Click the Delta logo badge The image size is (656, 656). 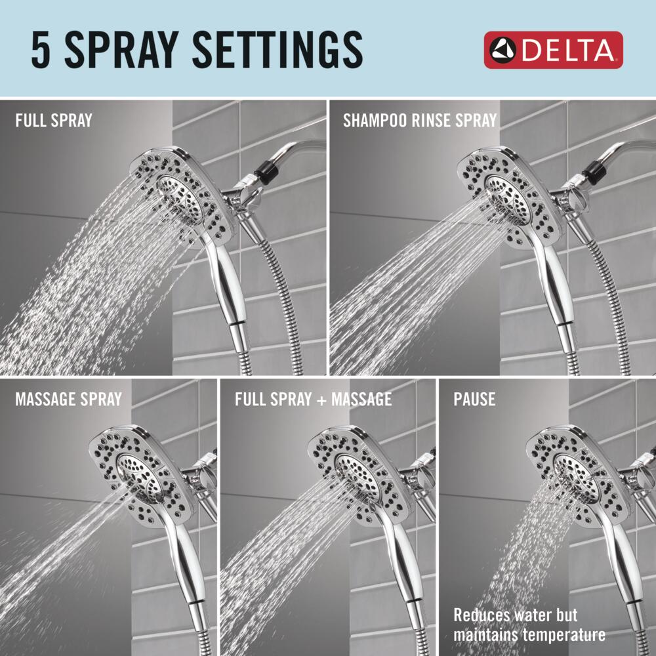click(553, 51)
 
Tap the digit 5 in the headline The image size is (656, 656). click(41, 51)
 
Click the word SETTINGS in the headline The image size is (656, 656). click(277, 51)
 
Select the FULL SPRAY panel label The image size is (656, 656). click(54, 121)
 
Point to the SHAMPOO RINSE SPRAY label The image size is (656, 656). click(420, 121)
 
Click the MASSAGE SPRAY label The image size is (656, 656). click(69, 399)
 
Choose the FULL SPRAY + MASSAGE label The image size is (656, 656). click(314, 399)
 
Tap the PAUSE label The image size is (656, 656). click(474, 399)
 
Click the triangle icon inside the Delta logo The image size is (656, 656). click(503, 51)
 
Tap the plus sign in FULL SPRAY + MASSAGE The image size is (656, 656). click(321, 400)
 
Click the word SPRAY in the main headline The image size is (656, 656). click(122, 51)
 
